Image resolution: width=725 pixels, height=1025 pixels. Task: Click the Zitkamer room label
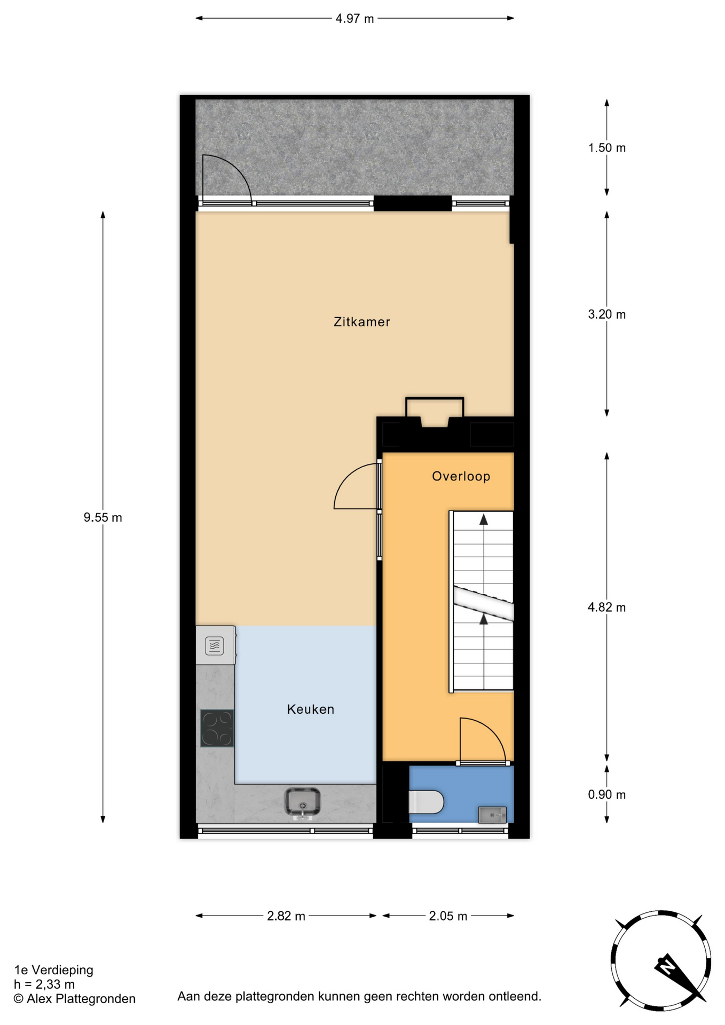[361, 322]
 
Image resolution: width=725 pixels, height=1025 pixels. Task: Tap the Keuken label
[310, 709]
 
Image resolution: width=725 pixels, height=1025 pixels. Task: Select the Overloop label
[461, 476]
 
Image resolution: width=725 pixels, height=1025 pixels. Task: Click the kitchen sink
[303, 802]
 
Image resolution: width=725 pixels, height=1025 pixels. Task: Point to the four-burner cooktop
[217, 728]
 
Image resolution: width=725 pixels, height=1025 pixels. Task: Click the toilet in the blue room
[426, 802]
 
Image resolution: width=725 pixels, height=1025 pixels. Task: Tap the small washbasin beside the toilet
[492, 815]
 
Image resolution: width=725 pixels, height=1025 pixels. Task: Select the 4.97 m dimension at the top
[354, 19]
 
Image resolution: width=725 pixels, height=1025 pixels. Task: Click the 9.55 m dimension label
[103, 517]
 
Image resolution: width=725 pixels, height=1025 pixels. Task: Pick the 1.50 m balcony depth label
[607, 148]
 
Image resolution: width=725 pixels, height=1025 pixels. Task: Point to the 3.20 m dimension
[606, 314]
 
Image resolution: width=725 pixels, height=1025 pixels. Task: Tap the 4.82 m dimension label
[606, 608]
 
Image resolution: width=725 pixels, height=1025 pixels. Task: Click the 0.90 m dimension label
[606, 795]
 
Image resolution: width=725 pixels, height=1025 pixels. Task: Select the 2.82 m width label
[286, 917]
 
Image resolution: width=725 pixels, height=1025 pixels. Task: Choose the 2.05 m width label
[448, 917]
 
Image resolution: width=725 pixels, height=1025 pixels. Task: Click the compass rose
[661, 961]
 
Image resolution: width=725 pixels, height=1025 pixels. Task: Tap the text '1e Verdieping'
[53, 970]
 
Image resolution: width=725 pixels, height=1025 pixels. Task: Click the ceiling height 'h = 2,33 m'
[44, 984]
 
